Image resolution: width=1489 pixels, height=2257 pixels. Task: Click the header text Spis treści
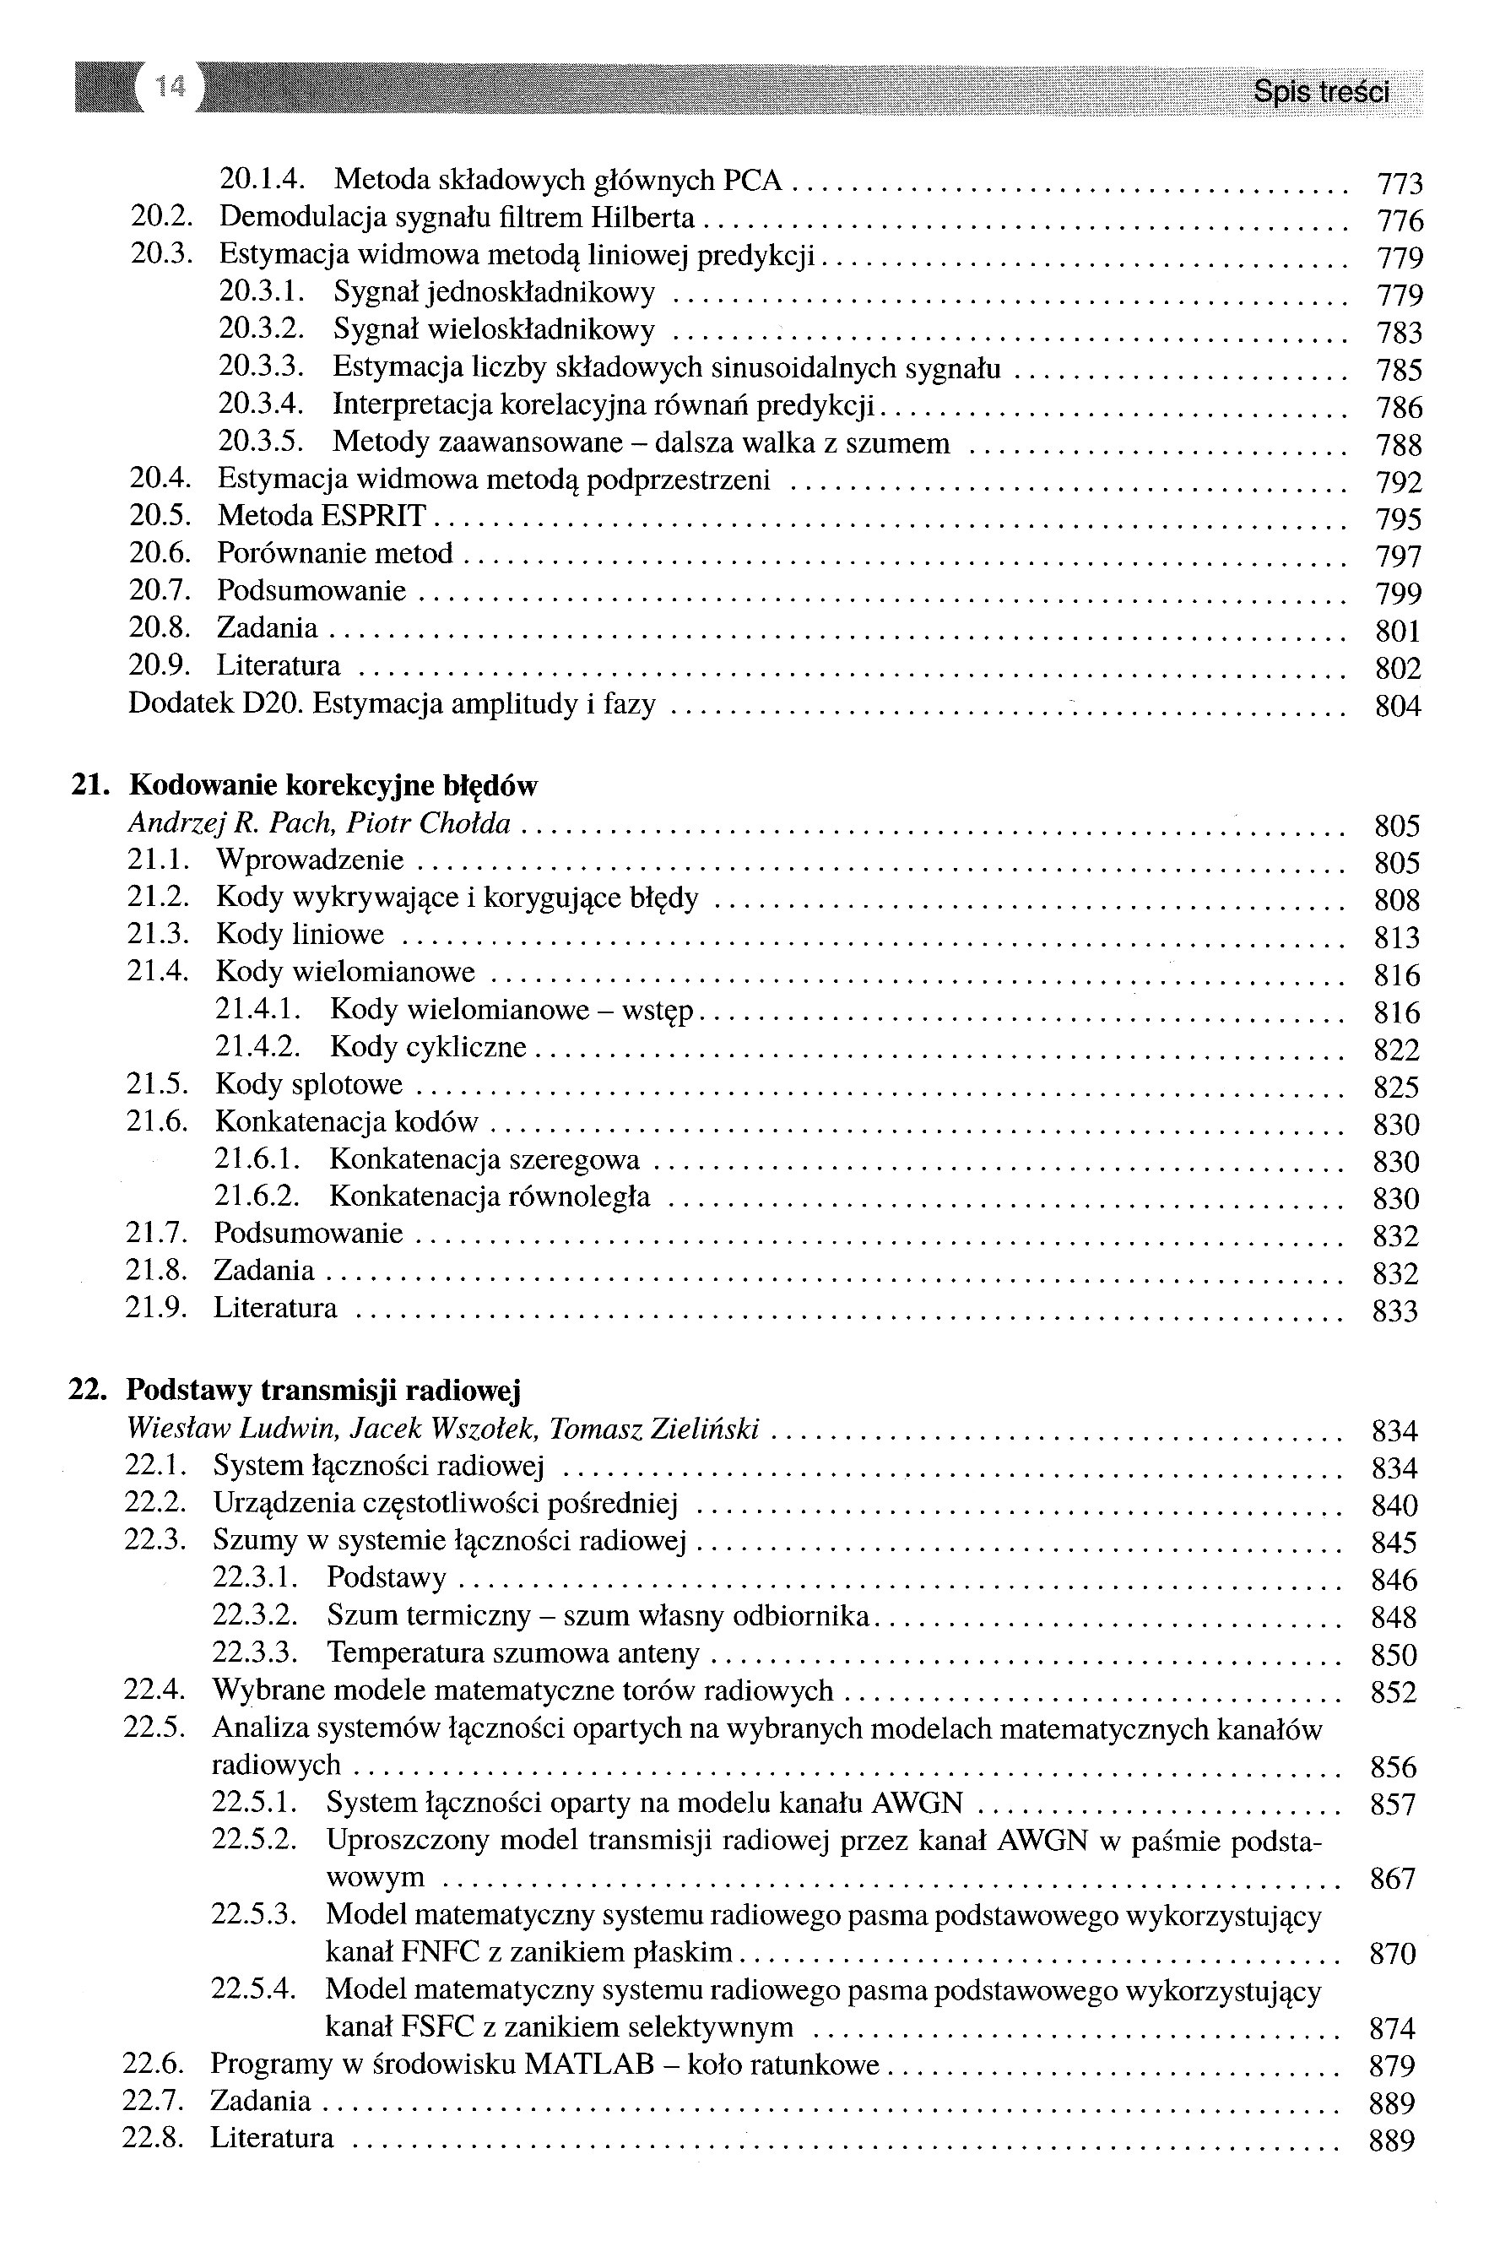(1320, 92)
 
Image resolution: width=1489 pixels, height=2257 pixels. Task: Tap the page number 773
(1399, 183)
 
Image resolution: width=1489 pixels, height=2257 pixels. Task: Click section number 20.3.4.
(260, 404)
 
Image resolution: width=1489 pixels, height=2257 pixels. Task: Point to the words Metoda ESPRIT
(322, 516)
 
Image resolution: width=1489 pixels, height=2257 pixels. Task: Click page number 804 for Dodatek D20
(1397, 706)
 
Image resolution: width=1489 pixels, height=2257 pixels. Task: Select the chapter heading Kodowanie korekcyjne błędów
(333, 785)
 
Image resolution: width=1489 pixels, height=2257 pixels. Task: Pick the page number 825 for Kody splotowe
(1396, 1087)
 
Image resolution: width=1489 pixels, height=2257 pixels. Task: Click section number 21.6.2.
(257, 1196)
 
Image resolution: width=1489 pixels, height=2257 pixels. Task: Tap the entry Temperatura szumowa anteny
(513, 1653)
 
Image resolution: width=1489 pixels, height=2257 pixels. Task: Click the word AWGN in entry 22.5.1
(917, 1802)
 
